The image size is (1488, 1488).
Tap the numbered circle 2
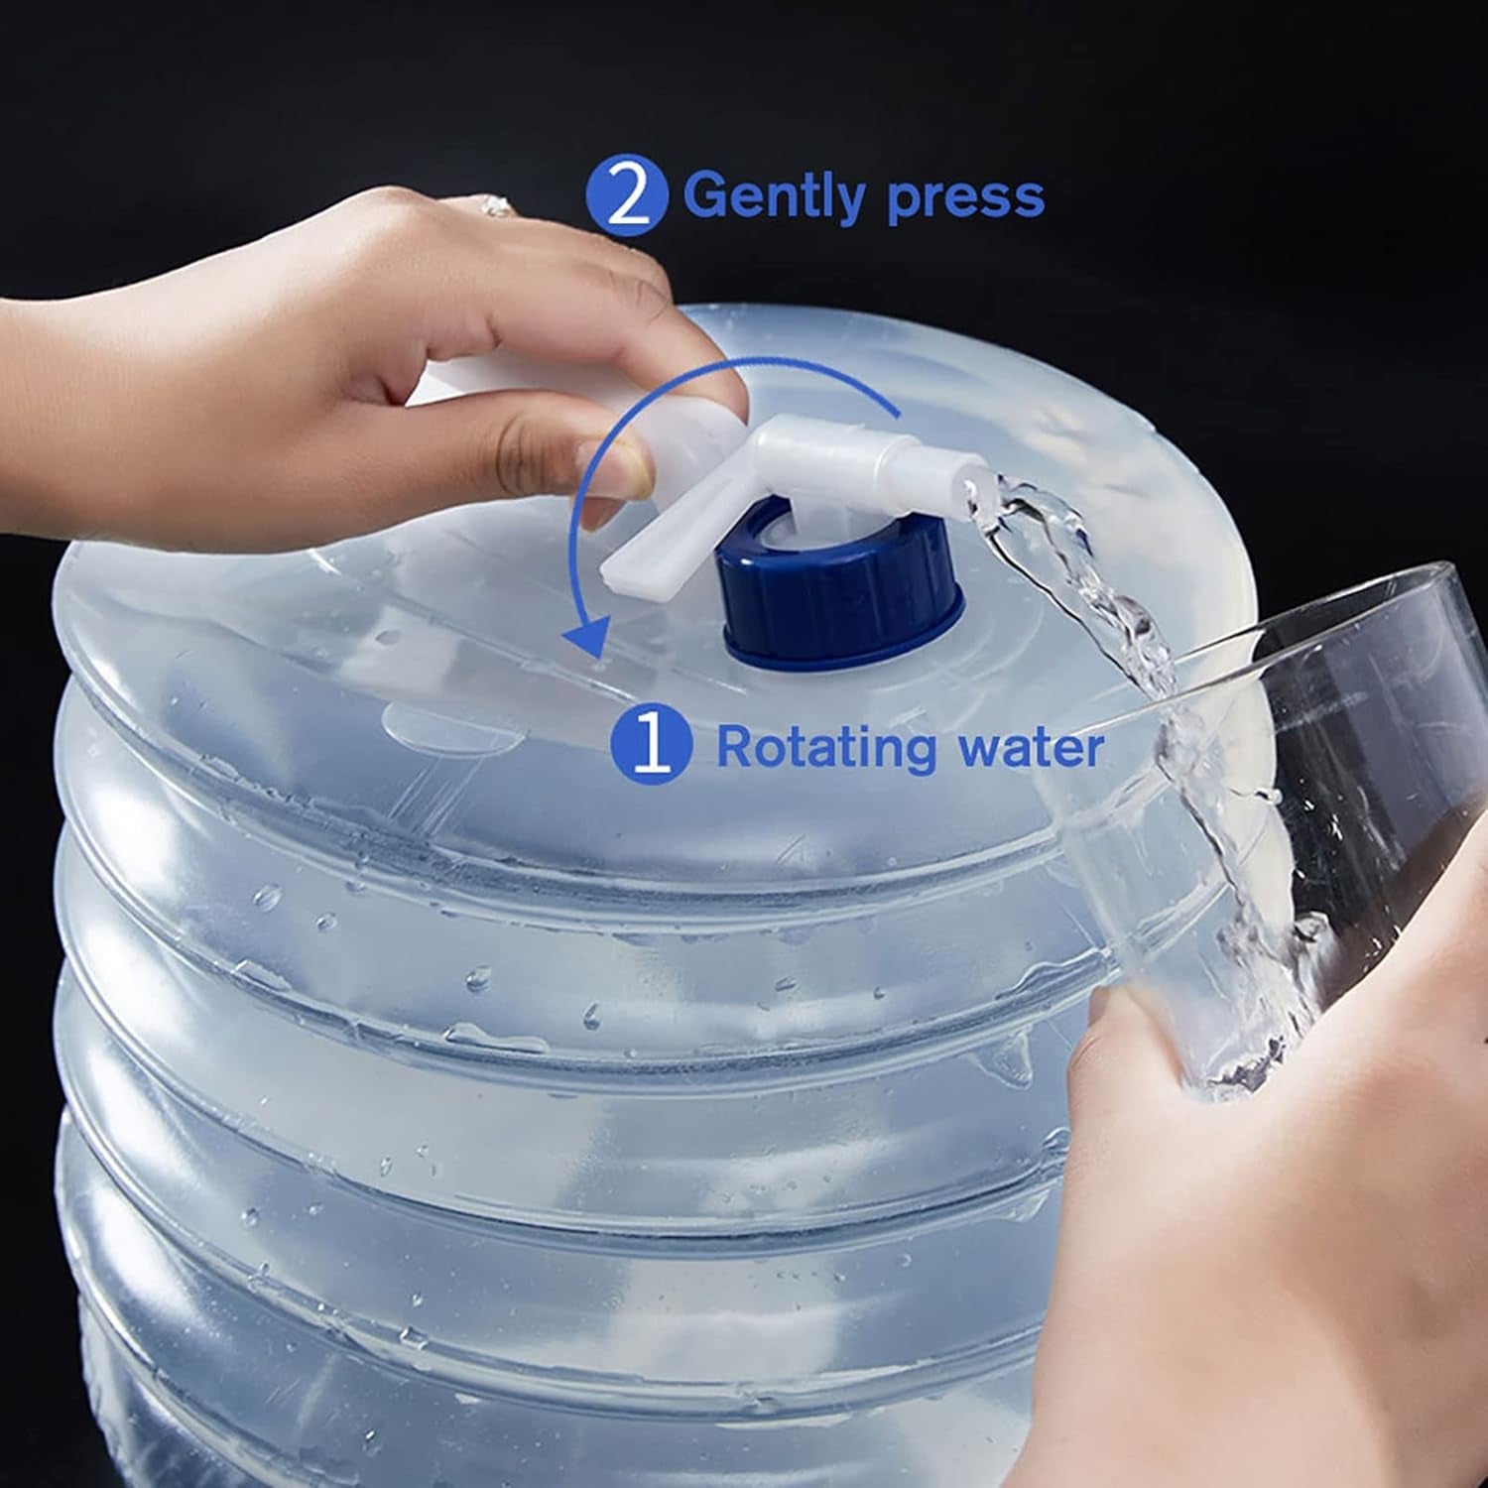tap(626, 197)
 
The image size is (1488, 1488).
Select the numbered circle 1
tap(651, 746)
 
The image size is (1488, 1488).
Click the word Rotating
tap(826, 747)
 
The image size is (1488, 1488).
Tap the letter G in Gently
tap(705, 195)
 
